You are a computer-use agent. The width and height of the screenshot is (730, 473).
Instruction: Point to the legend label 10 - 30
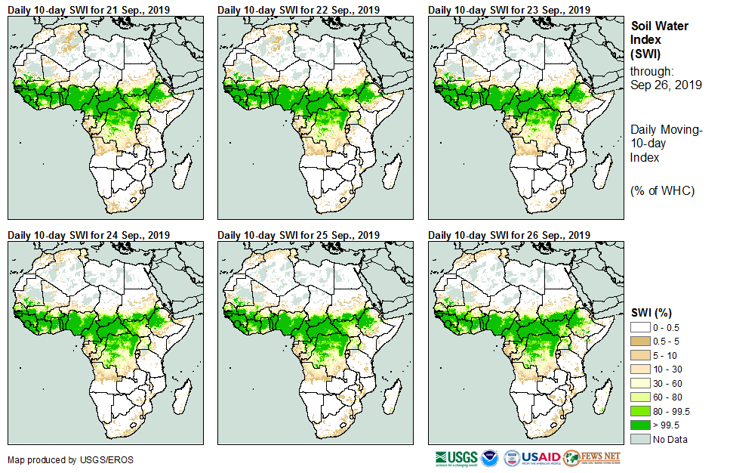click(x=669, y=369)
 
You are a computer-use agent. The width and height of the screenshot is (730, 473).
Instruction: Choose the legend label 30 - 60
click(x=669, y=383)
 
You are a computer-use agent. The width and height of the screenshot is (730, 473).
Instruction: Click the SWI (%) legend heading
click(x=652, y=312)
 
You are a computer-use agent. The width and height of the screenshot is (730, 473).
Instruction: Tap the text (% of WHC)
click(x=662, y=190)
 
